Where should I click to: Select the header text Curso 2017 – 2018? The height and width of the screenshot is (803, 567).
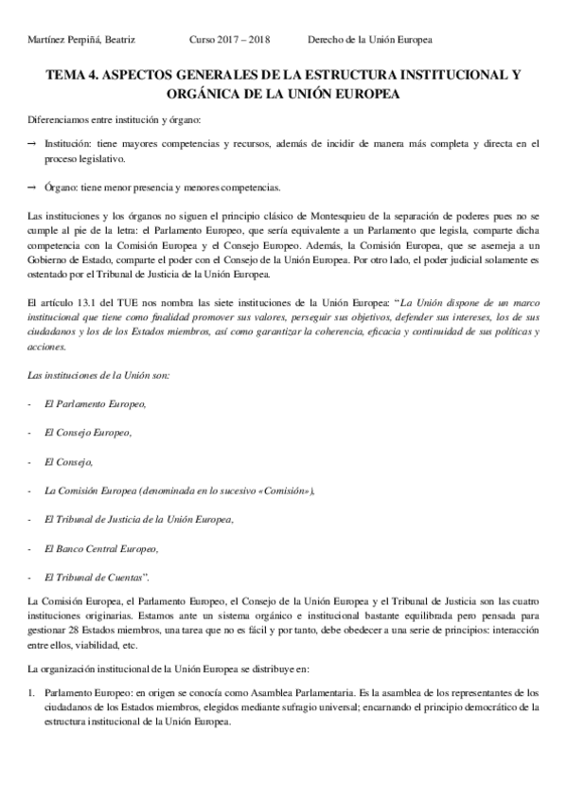230,40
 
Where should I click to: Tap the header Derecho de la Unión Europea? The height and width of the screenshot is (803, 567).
370,40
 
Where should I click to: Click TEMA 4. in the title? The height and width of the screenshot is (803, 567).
73,74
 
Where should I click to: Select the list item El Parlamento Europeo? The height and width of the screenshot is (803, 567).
96,404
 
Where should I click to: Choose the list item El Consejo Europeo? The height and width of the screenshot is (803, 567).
88,434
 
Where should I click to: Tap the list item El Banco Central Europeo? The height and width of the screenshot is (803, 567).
101,549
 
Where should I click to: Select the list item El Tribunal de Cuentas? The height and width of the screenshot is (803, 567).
94,578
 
